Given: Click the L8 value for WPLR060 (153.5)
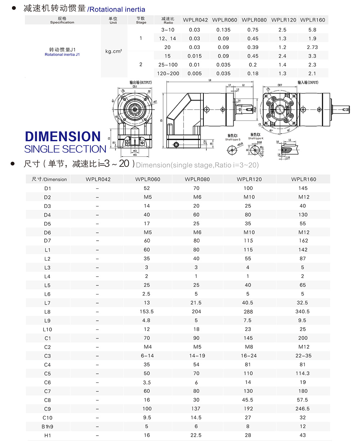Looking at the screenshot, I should (147, 312).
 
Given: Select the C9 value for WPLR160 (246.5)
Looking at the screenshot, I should (302, 409).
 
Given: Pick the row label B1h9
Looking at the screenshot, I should (48, 427).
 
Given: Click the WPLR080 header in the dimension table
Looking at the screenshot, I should (197, 179).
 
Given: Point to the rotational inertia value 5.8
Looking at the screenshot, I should (312, 30).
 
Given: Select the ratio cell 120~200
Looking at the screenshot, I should (168, 74).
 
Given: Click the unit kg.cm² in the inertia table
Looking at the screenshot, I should (114, 51).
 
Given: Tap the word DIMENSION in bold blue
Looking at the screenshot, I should (63, 137).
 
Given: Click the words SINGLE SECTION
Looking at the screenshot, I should (65, 149).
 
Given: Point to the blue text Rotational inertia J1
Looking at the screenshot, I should (62, 55).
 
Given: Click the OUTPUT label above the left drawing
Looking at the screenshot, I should (141, 83).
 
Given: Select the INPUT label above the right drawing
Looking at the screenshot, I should (308, 83).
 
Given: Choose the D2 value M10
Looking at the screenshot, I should (249, 197).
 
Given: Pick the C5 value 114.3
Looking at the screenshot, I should (302, 373).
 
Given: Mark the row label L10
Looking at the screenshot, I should (48, 329).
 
